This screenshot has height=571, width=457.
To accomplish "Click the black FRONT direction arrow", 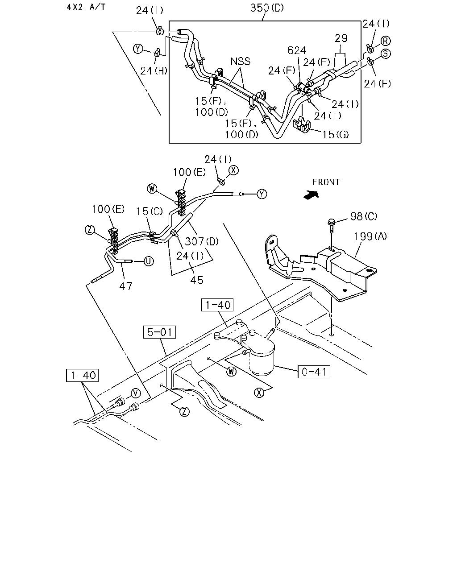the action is point(311,195).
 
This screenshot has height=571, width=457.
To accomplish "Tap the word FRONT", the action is point(326,182).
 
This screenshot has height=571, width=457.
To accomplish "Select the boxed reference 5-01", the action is point(159,332).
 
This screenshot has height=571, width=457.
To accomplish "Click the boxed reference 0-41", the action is point(314,372).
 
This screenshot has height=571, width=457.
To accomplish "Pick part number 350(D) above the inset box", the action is point(267,8).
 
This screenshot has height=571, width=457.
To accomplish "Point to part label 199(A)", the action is point(370,236).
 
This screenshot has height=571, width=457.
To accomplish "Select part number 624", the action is point(297,50).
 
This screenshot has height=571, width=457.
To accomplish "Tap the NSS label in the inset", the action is point(240,62).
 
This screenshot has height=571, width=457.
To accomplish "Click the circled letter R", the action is point(385,41).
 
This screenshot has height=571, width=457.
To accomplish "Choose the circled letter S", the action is point(386,54).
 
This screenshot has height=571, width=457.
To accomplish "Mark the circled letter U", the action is point(149,261).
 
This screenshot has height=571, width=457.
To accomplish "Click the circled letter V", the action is point(136,393).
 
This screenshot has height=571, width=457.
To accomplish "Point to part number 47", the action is point(125,286).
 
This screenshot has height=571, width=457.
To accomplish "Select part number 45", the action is point(197,280).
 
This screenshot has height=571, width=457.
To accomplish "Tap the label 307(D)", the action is point(202,241).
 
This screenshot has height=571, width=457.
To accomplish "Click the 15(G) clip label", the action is point(335,135).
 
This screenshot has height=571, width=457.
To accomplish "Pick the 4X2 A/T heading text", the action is point(86,7).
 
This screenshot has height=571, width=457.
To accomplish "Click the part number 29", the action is point(341,38).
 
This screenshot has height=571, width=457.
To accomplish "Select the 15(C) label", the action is point(150,211).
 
